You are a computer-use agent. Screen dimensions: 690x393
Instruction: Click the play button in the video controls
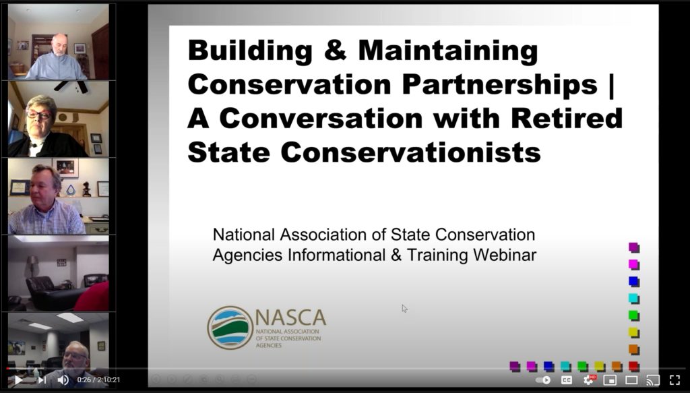(18, 380)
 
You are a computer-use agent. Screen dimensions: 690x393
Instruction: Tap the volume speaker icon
(63, 380)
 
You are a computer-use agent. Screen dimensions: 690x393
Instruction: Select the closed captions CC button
(566, 380)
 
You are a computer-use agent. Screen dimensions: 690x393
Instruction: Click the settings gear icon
(588, 380)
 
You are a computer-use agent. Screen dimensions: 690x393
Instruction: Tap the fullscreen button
(675, 380)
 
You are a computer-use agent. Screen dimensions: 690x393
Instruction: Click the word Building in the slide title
(250, 50)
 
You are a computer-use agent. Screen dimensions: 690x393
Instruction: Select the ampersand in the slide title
(336, 51)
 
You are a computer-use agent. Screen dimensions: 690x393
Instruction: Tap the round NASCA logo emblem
(230, 328)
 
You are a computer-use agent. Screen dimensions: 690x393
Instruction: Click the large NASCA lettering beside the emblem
(290, 318)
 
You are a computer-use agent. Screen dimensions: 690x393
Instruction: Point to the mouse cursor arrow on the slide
(404, 309)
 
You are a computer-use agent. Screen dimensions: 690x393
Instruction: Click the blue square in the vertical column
(633, 281)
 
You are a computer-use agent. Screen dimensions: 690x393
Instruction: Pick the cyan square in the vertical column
(633, 299)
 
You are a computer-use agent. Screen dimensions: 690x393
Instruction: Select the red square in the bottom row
(633, 366)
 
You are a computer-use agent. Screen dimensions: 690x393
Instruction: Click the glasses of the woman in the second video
(38, 115)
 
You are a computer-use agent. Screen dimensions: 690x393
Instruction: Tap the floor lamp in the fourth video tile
(32, 268)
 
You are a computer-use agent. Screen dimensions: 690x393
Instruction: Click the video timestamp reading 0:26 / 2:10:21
(98, 380)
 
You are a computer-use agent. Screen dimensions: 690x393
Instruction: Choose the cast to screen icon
(653, 380)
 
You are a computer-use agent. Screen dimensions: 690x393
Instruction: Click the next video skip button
(42, 380)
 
